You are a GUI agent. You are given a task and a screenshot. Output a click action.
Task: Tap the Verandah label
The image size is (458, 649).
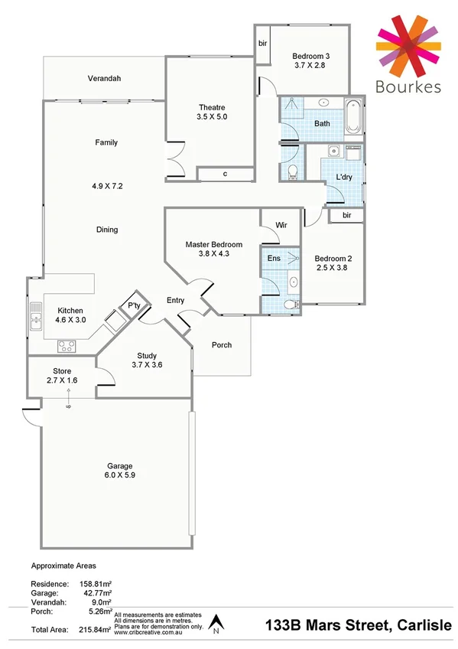tap(105, 79)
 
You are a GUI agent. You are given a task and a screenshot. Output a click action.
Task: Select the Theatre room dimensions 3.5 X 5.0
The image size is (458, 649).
tap(212, 117)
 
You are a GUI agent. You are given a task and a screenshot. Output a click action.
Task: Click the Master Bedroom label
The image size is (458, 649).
tap(213, 245)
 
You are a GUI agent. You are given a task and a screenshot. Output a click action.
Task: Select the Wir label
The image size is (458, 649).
tap(281, 226)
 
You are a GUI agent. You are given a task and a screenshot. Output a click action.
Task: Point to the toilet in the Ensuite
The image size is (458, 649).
tap(290, 305)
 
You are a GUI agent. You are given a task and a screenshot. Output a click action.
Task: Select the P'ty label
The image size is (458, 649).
tap(134, 306)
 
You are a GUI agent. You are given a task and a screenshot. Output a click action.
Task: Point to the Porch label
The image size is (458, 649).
tap(222, 345)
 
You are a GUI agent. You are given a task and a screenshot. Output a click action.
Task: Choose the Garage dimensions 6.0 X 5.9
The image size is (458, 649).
tap(119, 475)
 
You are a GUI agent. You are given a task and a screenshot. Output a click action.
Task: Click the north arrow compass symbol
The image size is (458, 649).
tap(216, 625)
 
